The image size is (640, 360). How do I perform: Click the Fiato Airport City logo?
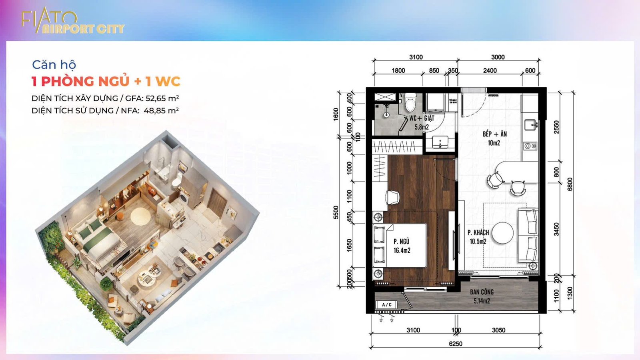click(x=72, y=22)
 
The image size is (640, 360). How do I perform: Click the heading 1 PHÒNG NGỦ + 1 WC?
click(x=106, y=82)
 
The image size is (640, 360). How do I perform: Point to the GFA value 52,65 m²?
click(x=162, y=98)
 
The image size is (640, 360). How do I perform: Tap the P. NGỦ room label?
click(x=402, y=242)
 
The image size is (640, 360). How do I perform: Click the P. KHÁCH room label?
click(x=478, y=232)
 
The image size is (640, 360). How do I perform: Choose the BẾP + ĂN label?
click(x=494, y=134)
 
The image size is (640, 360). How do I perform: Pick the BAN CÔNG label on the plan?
click(x=482, y=292)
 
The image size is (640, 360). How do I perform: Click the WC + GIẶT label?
click(x=422, y=118)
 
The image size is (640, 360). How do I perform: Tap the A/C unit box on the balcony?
click(x=387, y=305)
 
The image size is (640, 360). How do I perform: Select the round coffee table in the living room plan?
click(x=502, y=232)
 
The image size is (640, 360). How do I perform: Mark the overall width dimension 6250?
click(x=455, y=344)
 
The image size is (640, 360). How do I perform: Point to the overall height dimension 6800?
click(x=570, y=184)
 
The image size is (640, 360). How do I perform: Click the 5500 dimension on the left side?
click(x=336, y=212)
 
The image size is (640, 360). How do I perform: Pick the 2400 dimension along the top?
click(x=490, y=70)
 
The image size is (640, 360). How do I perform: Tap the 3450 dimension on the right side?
click(x=556, y=229)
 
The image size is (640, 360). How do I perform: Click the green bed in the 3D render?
click(x=98, y=240)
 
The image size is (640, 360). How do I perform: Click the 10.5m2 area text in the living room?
click(x=478, y=242)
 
